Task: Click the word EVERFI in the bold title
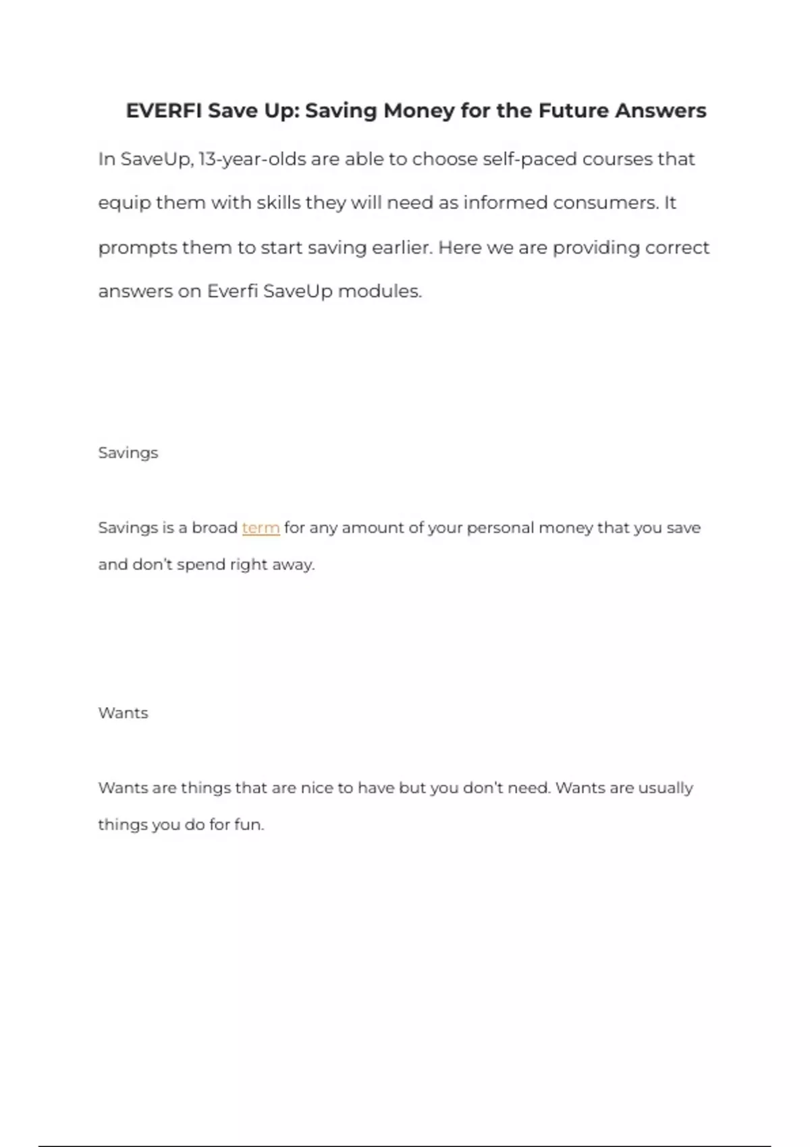[x=163, y=111]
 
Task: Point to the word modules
[x=379, y=291]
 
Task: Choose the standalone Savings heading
[x=128, y=453]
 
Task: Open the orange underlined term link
[x=261, y=528]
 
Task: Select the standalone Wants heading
[x=123, y=713]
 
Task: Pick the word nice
[x=317, y=788]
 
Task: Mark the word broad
[x=215, y=528]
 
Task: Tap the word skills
[x=278, y=203]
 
